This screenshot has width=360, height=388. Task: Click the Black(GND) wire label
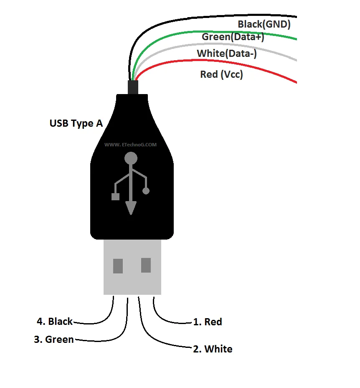click(x=264, y=24)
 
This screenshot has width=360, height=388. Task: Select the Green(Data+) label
click(x=233, y=37)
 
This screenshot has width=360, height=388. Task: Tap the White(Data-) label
click(x=227, y=54)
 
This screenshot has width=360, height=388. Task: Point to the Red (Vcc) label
click(x=221, y=74)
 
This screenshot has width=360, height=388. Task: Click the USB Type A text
click(x=76, y=123)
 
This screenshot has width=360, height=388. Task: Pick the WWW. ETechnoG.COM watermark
click(x=131, y=145)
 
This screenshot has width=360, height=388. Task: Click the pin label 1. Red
click(x=208, y=322)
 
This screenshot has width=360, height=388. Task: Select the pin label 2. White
click(x=213, y=349)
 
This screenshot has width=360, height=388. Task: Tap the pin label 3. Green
click(x=54, y=339)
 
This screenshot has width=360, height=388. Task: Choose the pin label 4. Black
click(x=55, y=322)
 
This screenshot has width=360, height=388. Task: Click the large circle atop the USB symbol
click(x=131, y=158)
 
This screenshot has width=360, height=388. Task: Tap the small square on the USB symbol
click(x=115, y=197)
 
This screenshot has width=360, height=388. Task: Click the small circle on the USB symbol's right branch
click(x=146, y=191)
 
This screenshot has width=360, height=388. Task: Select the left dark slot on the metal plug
click(x=118, y=266)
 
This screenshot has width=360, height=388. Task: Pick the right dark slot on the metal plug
click(x=146, y=265)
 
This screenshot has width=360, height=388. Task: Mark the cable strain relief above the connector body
click(x=133, y=87)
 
